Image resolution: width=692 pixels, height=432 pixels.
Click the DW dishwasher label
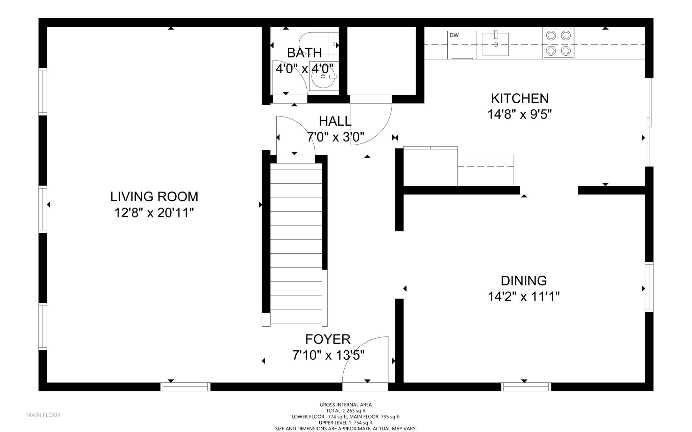pos(454,35)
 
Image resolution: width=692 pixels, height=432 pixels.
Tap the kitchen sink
pos(496,44)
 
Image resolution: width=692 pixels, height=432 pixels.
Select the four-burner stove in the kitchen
pos(558,43)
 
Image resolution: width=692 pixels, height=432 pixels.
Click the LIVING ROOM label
pos(154,197)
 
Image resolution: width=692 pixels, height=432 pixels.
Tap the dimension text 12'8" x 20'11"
pos(154,213)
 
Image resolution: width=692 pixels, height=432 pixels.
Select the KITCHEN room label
pos(520,99)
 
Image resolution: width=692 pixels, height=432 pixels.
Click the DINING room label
pos(524,281)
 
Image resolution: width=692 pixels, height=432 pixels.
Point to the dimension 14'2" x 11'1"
pos(524,297)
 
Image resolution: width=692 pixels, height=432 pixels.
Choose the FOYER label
pos(328,339)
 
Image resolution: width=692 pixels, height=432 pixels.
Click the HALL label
pos(335,121)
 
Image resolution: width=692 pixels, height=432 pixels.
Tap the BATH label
pos(304,53)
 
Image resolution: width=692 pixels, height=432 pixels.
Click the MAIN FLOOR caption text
pos(44,415)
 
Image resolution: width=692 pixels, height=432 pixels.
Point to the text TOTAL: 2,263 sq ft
pos(346,411)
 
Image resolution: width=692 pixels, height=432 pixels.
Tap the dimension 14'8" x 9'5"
pos(520,115)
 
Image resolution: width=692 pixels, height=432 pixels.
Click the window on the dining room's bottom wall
pos(526,387)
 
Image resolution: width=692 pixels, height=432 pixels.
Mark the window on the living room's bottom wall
pos(185,387)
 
